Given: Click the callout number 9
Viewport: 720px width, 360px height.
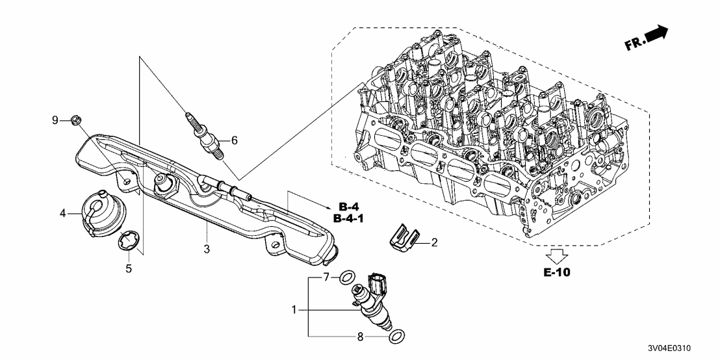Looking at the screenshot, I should [x=55, y=120].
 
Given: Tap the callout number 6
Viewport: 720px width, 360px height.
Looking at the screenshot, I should [x=235, y=140].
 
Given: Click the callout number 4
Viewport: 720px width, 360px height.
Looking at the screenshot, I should [x=62, y=212].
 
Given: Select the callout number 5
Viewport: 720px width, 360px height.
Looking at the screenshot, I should [x=129, y=268].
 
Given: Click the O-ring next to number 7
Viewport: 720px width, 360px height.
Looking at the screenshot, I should [x=348, y=276].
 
